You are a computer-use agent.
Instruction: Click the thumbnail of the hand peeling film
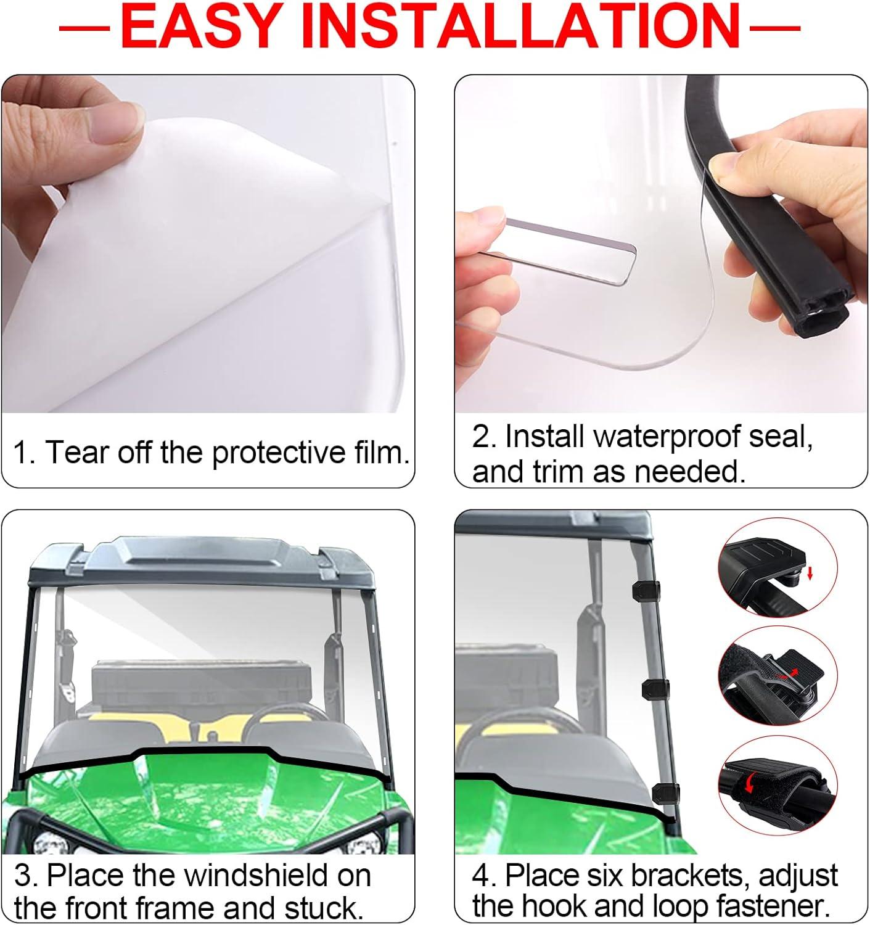[x=208, y=244]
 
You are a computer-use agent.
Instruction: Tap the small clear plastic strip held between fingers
[x=568, y=250]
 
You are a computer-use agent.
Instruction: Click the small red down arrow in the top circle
[x=810, y=574]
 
